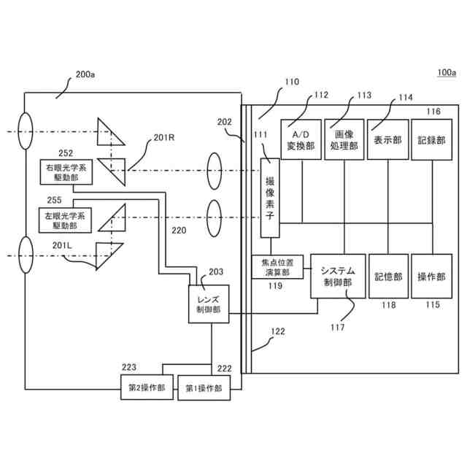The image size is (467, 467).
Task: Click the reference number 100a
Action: tap(447, 72)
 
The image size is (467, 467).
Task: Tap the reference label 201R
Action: tap(164, 138)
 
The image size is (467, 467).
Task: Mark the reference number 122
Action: tap(278, 331)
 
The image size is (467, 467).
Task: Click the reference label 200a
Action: tap(85, 74)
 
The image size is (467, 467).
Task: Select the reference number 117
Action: tap(337, 328)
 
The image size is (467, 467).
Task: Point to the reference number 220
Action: tap(179, 231)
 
